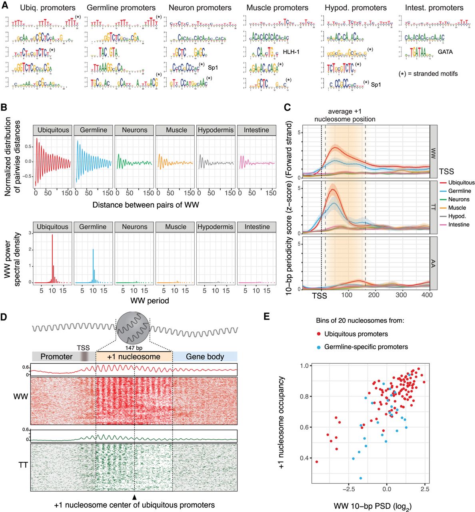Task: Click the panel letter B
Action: point(4,108)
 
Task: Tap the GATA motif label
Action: point(445,52)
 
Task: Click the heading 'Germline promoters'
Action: point(121,8)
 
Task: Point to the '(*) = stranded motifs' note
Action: point(428,74)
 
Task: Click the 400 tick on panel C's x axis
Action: point(427,295)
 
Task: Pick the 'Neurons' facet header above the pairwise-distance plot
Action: point(135,130)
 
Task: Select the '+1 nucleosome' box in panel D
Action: point(134,356)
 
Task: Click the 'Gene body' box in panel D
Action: point(205,356)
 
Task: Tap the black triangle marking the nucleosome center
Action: point(135,496)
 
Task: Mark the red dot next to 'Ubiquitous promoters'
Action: point(318,334)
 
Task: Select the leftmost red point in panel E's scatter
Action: point(317,462)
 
